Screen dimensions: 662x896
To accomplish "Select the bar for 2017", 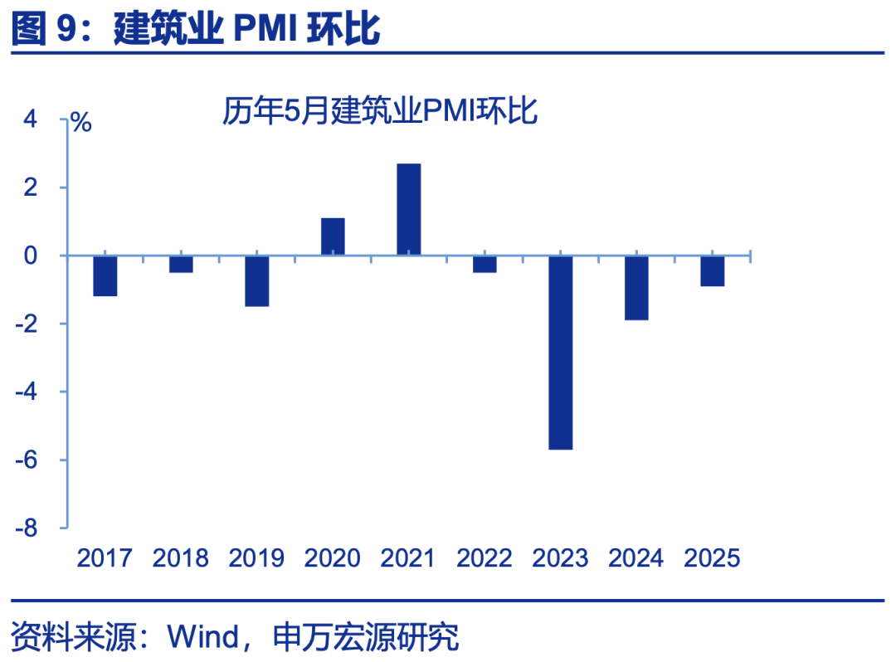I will (x=105, y=275).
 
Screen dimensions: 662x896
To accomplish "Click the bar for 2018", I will (x=181, y=264).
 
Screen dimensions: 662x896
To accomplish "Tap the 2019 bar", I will (x=257, y=280).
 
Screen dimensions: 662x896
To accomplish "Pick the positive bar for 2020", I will (x=333, y=236).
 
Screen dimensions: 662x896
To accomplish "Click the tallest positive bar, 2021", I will (x=409, y=209).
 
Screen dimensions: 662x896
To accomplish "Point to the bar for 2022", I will (x=485, y=264).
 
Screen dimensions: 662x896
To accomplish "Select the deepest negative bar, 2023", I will (x=561, y=352).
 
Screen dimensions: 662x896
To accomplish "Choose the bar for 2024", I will (x=636, y=287).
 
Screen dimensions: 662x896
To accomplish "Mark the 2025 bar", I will (x=713, y=270).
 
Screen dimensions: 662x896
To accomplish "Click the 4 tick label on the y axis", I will (x=31, y=119).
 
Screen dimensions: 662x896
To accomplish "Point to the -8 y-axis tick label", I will (x=27, y=528).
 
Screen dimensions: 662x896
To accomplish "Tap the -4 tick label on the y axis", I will (x=27, y=392).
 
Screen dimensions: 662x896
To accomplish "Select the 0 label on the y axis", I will (x=31, y=256).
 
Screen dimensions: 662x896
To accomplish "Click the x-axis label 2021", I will (x=408, y=558).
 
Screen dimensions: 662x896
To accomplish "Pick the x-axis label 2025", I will (x=712, y=558).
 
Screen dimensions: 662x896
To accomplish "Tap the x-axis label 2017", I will (x=105, y=558).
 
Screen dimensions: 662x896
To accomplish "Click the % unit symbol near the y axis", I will (x=81, y=123).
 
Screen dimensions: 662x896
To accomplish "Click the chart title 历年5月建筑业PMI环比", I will (x=380, y=111).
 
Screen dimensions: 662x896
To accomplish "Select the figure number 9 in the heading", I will (x=67, y=30).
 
